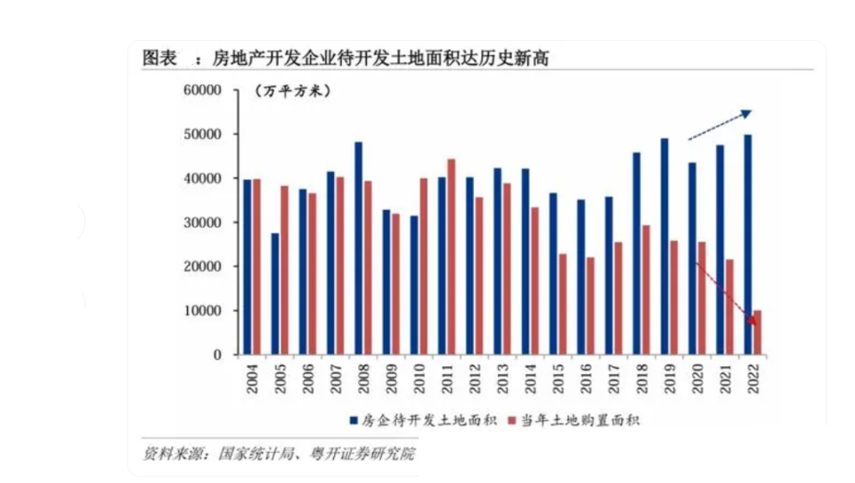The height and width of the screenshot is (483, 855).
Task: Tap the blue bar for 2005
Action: click(x=275, y=294)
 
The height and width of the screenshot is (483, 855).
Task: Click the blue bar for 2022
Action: click(x=746, y=244)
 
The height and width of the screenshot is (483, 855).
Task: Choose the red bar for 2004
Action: click(x=256, y=266)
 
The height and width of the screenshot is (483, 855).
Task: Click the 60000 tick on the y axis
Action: click(x=202, y=90)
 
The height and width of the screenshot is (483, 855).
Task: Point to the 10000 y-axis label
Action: click(x=202, y=311)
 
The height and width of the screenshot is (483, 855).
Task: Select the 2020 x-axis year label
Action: click(x=692, y=377)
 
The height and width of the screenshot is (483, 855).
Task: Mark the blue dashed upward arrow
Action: click(x=720, y=126)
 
